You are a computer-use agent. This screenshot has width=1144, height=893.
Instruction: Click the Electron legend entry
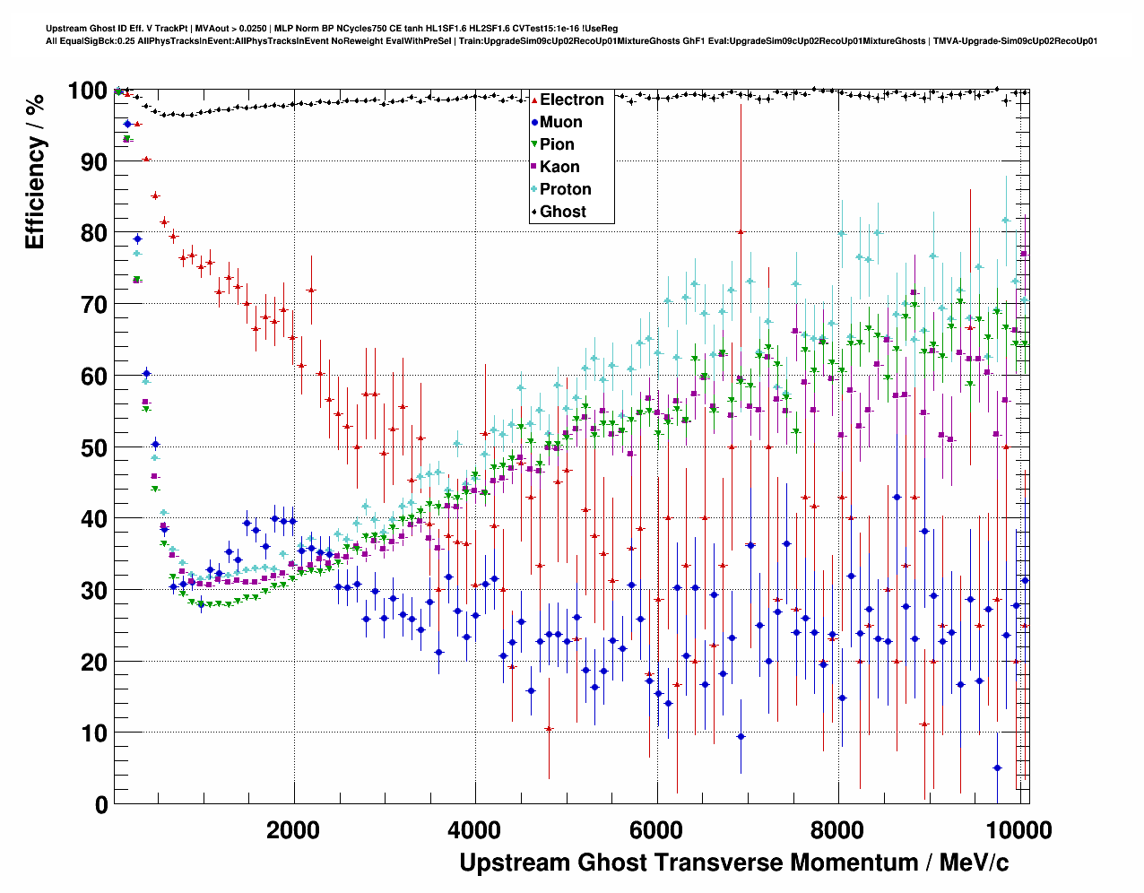point(571,100)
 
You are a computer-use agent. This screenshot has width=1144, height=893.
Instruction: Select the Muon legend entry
point(560,122)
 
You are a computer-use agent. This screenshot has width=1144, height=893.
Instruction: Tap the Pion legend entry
point(557,144)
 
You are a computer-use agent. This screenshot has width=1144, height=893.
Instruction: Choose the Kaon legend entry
point(559,167)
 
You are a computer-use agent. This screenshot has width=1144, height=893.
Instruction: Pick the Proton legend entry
point(565,189)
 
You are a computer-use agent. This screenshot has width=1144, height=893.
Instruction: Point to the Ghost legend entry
point(562,212)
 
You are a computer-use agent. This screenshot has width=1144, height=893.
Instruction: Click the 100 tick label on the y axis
point(88,91)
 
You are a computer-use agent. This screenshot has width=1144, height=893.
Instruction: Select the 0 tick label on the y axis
point(101,804)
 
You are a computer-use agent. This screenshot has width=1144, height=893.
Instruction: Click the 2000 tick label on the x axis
point(294,830)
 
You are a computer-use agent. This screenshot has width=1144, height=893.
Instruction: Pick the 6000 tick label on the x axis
point(657,830)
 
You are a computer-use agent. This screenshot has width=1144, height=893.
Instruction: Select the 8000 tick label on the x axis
point(838,830)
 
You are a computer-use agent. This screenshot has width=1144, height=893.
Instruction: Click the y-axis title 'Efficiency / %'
point(36,171)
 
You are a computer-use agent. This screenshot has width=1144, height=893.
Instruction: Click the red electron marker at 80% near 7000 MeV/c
point(741,231)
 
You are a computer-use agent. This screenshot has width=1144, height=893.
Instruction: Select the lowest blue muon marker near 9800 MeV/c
point(997,767)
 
